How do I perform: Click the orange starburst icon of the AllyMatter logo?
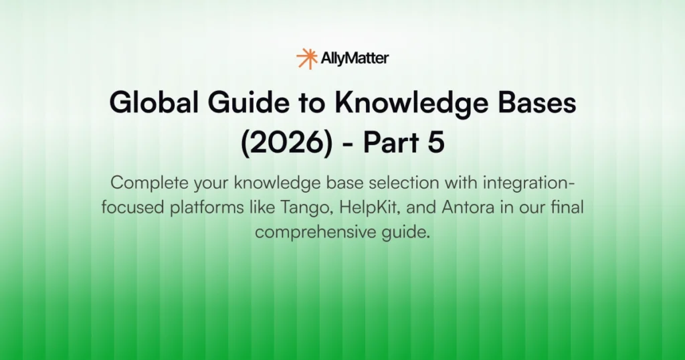coord(306,58)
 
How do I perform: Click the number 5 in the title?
coord(436,145)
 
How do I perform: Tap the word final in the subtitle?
coord(567,207)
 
